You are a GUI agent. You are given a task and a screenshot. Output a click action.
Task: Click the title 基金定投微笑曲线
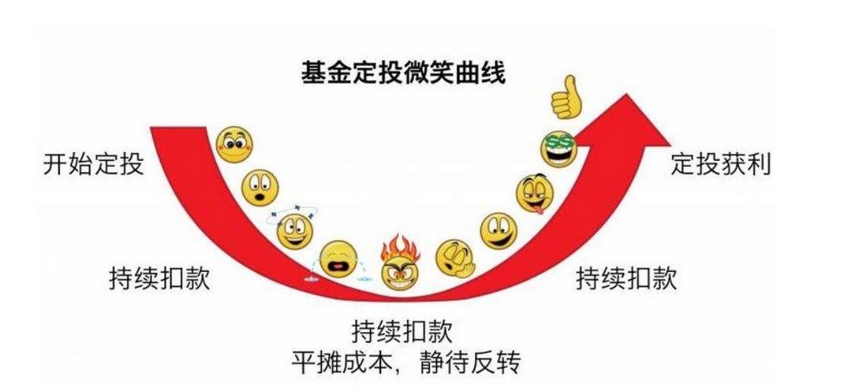pos(403,73)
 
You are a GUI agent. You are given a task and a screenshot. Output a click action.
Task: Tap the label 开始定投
pos(94,164)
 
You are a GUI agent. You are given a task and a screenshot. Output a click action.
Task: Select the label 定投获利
pos(721,163)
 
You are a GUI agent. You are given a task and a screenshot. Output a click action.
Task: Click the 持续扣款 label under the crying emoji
pos(160,279)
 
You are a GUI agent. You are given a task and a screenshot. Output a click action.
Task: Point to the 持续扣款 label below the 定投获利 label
pos(626,278)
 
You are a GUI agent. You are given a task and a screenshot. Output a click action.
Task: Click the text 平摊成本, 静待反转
pos(405,362)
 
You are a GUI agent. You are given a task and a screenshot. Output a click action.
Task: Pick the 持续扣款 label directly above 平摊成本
pos(402,331)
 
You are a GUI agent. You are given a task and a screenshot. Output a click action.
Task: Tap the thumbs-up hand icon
pos(565,96)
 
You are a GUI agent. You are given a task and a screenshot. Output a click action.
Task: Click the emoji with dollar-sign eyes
pos(559,149)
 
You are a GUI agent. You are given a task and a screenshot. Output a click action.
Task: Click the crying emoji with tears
pos(339,261)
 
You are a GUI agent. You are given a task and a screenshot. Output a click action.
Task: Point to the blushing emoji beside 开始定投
pos(234,144)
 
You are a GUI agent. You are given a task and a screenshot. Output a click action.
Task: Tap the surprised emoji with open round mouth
pos(260,188)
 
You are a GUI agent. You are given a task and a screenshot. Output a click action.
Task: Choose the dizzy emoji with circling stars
pos(293,229)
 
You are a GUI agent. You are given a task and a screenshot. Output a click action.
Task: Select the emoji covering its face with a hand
pos(455,258)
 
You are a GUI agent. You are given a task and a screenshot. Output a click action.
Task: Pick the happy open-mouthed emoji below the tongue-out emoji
pos(498,231)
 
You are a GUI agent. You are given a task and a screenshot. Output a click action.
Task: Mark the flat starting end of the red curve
pos(179,128)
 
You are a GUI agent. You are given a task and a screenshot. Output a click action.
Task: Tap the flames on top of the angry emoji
pos(400,248)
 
